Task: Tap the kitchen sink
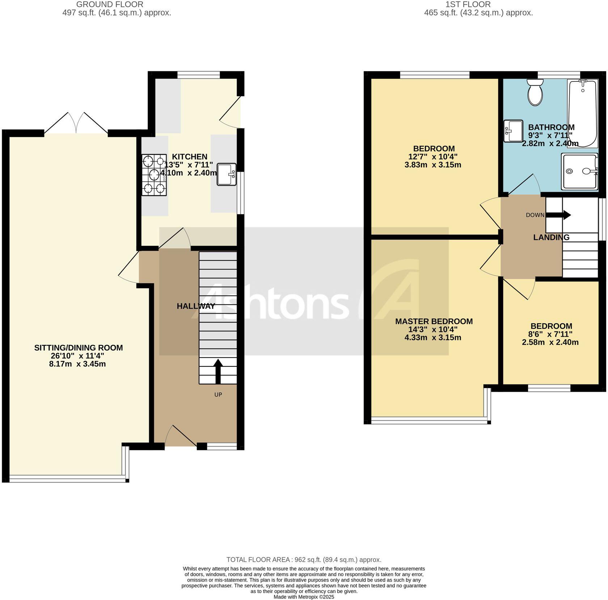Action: pyautogui.click(x=226, y=174)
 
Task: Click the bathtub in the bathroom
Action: pyautogui.click(x=582, y=113)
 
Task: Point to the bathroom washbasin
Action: pyautogui.click(x=513, y=131)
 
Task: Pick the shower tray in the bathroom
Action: pyautogui.click(x=579, y=171)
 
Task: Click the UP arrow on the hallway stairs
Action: pyautogui.click(x=218, y=371)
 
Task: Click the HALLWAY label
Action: pyautogui.click(x=196, y=306)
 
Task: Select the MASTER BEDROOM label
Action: pyautogui.click(x=434, y=322)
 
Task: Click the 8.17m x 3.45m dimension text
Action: pyautogui.click(x=77, y=364)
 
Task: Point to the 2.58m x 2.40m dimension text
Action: pyautogui.click(x=550, y=342)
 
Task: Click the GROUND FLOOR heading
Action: pyautogui.click(x=110, y=4)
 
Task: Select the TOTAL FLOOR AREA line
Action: pyautogui.click(x=304, y=560)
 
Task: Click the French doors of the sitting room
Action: pyautogui.click(x=76, y=124)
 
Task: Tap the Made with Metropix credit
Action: pyautogui.click(x=304, y=597)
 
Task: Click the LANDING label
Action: pyautogui.click(x=551, y=237)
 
